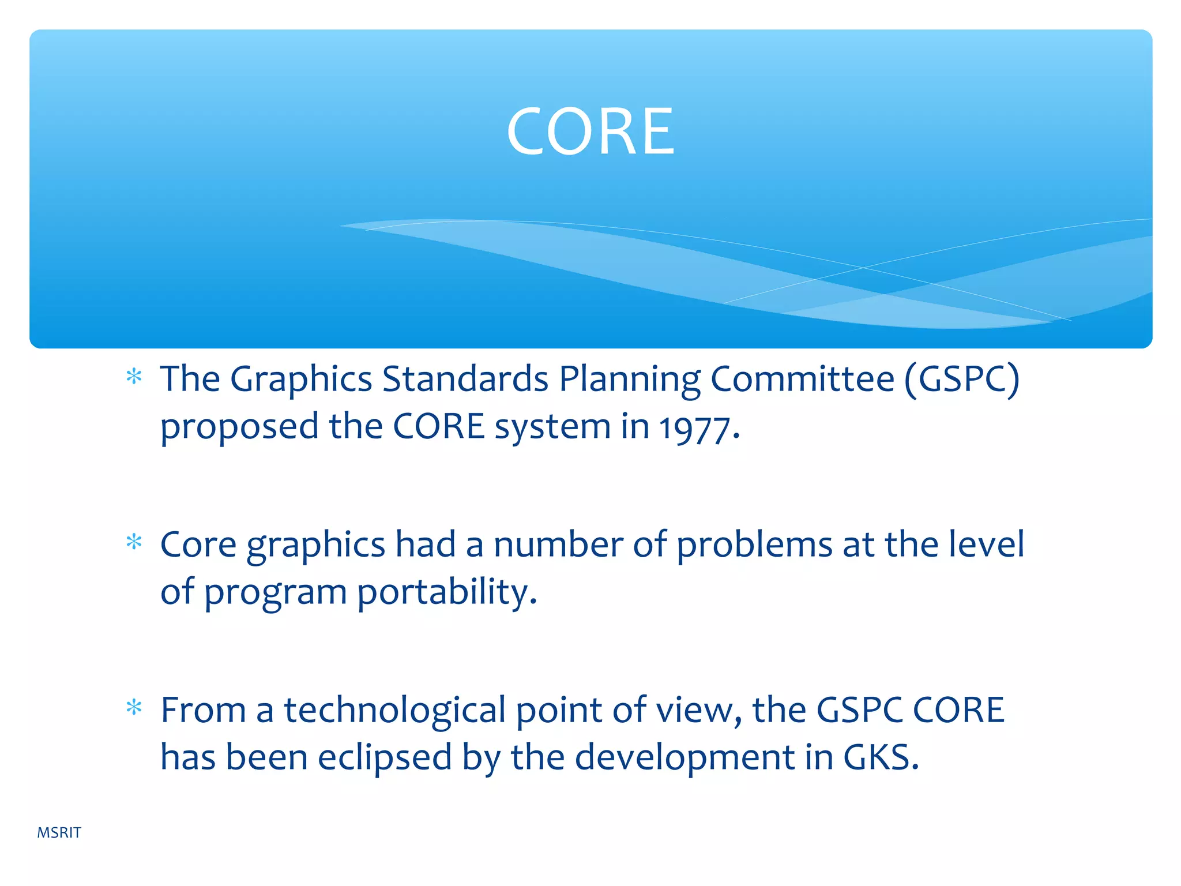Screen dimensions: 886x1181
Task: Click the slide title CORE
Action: (590, 132)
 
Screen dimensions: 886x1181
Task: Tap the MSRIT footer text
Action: (59, 832)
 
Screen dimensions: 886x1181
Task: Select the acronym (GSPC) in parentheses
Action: (962, 380)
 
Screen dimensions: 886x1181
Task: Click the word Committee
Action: (802, 380)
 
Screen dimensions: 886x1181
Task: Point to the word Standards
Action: (465, 380)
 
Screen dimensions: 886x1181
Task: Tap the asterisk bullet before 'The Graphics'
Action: (134, 378)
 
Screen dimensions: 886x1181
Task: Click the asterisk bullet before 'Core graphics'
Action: (134, 543)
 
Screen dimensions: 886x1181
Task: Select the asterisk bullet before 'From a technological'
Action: (134, 708)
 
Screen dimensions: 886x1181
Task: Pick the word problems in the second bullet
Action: (754, 545)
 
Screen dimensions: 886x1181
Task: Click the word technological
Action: (394, 711)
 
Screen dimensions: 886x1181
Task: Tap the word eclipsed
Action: (385, 758)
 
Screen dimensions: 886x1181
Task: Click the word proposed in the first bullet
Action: (239, 428)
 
